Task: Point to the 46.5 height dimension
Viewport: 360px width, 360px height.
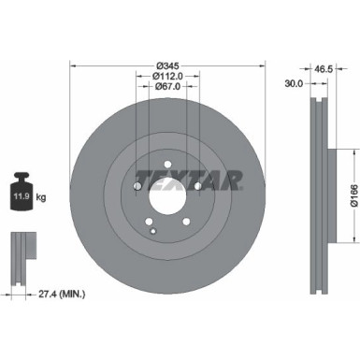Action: (x=324, y=69)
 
